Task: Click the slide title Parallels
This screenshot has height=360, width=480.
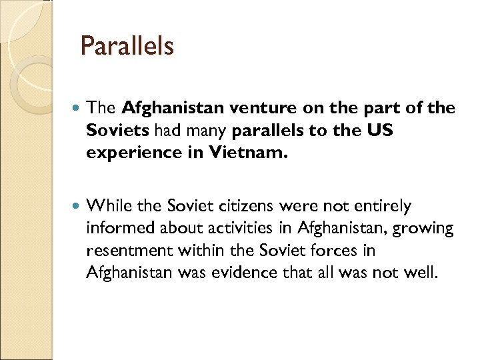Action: [127, 47]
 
